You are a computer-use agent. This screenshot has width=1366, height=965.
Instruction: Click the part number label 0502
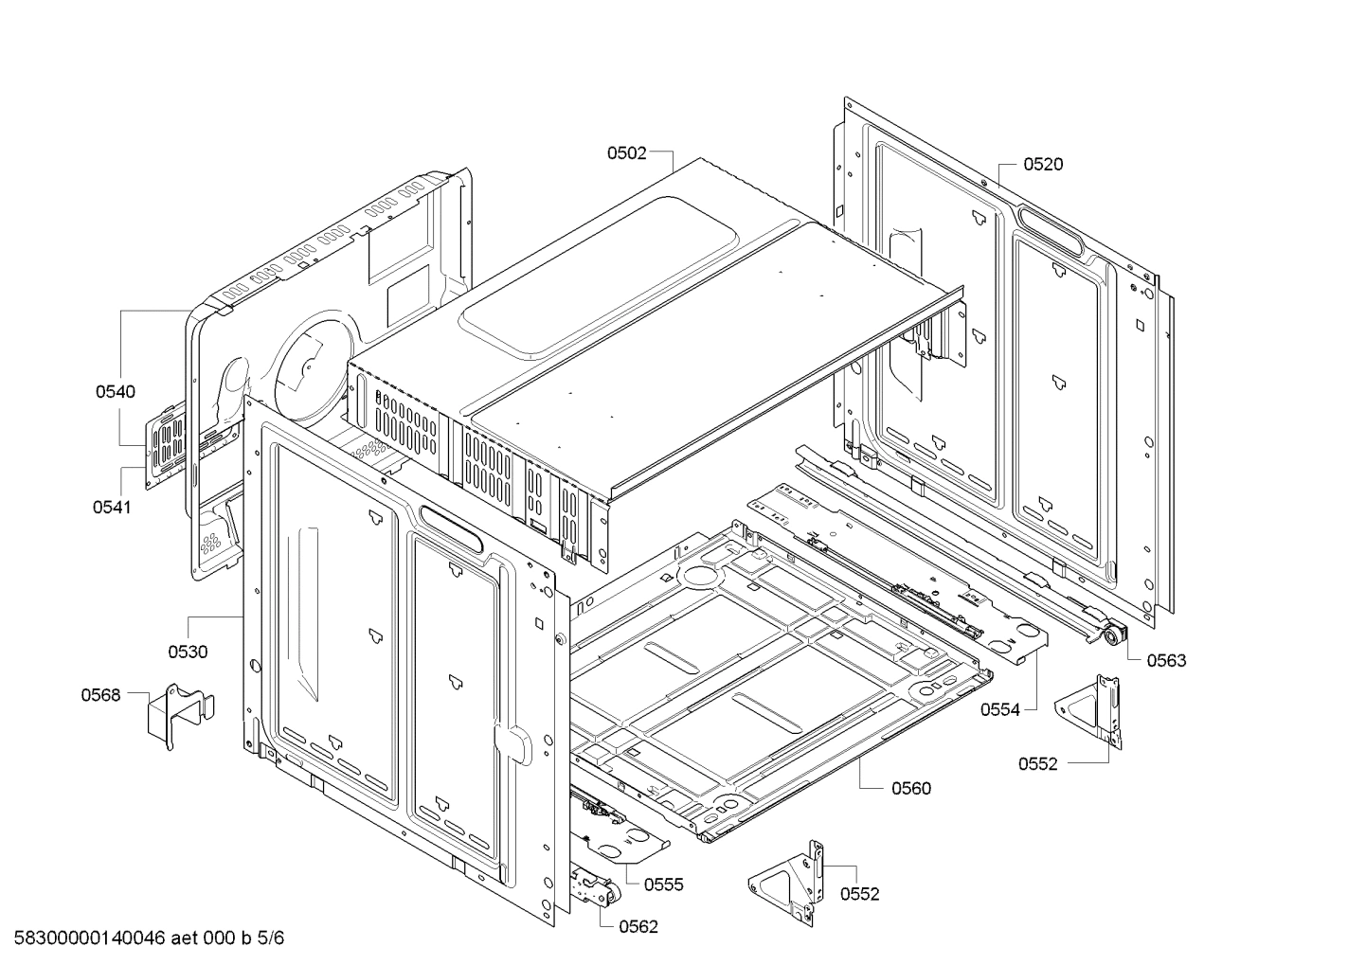(626, 152)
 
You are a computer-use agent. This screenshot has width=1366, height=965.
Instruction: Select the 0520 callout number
(1043, 164)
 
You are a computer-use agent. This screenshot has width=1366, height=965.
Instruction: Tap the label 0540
(115, 391)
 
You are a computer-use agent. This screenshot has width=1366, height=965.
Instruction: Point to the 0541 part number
(112, 507)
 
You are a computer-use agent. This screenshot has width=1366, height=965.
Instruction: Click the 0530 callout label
(188, 652)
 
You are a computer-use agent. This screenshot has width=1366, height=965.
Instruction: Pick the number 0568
(100, 695)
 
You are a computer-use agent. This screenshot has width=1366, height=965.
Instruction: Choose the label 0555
(663, 885)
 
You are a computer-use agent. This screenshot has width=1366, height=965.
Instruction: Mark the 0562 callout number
(638, 927)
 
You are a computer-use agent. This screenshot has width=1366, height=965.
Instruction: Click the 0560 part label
(911, 788)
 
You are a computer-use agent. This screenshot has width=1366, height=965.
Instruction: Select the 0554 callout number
(1000, 708)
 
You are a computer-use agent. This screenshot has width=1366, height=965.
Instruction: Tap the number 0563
(1166, 660)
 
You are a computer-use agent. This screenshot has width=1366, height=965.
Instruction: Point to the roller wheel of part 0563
(1109, 635)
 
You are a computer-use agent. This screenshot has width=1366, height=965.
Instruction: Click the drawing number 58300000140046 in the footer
(84, 938)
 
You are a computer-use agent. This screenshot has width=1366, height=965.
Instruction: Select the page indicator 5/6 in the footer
(270, 938)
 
